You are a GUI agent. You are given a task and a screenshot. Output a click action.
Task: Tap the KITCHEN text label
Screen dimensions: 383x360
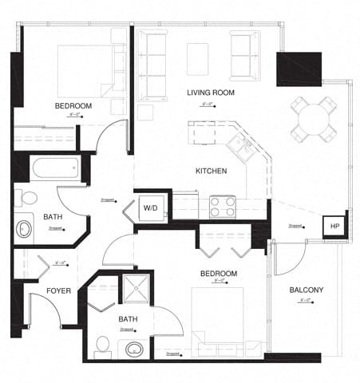click(x=212, y=171)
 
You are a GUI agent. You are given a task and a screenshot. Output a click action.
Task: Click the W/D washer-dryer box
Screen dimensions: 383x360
click(x=151, y=207)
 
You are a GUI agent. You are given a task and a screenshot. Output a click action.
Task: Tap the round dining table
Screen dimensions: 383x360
click(x=313, y=118)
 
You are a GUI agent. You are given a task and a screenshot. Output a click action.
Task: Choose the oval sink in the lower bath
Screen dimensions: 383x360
click(x=133, y=349)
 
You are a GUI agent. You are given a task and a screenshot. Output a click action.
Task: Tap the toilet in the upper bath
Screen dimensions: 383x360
click(x=28, y=197)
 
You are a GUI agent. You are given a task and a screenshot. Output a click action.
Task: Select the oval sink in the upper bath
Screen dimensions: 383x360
click(x=24, y=230)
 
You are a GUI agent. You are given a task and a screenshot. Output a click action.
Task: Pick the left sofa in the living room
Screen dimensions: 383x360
click(x=151, y=64)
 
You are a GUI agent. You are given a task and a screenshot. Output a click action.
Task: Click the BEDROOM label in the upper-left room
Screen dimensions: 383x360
click(x=73, y=106)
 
